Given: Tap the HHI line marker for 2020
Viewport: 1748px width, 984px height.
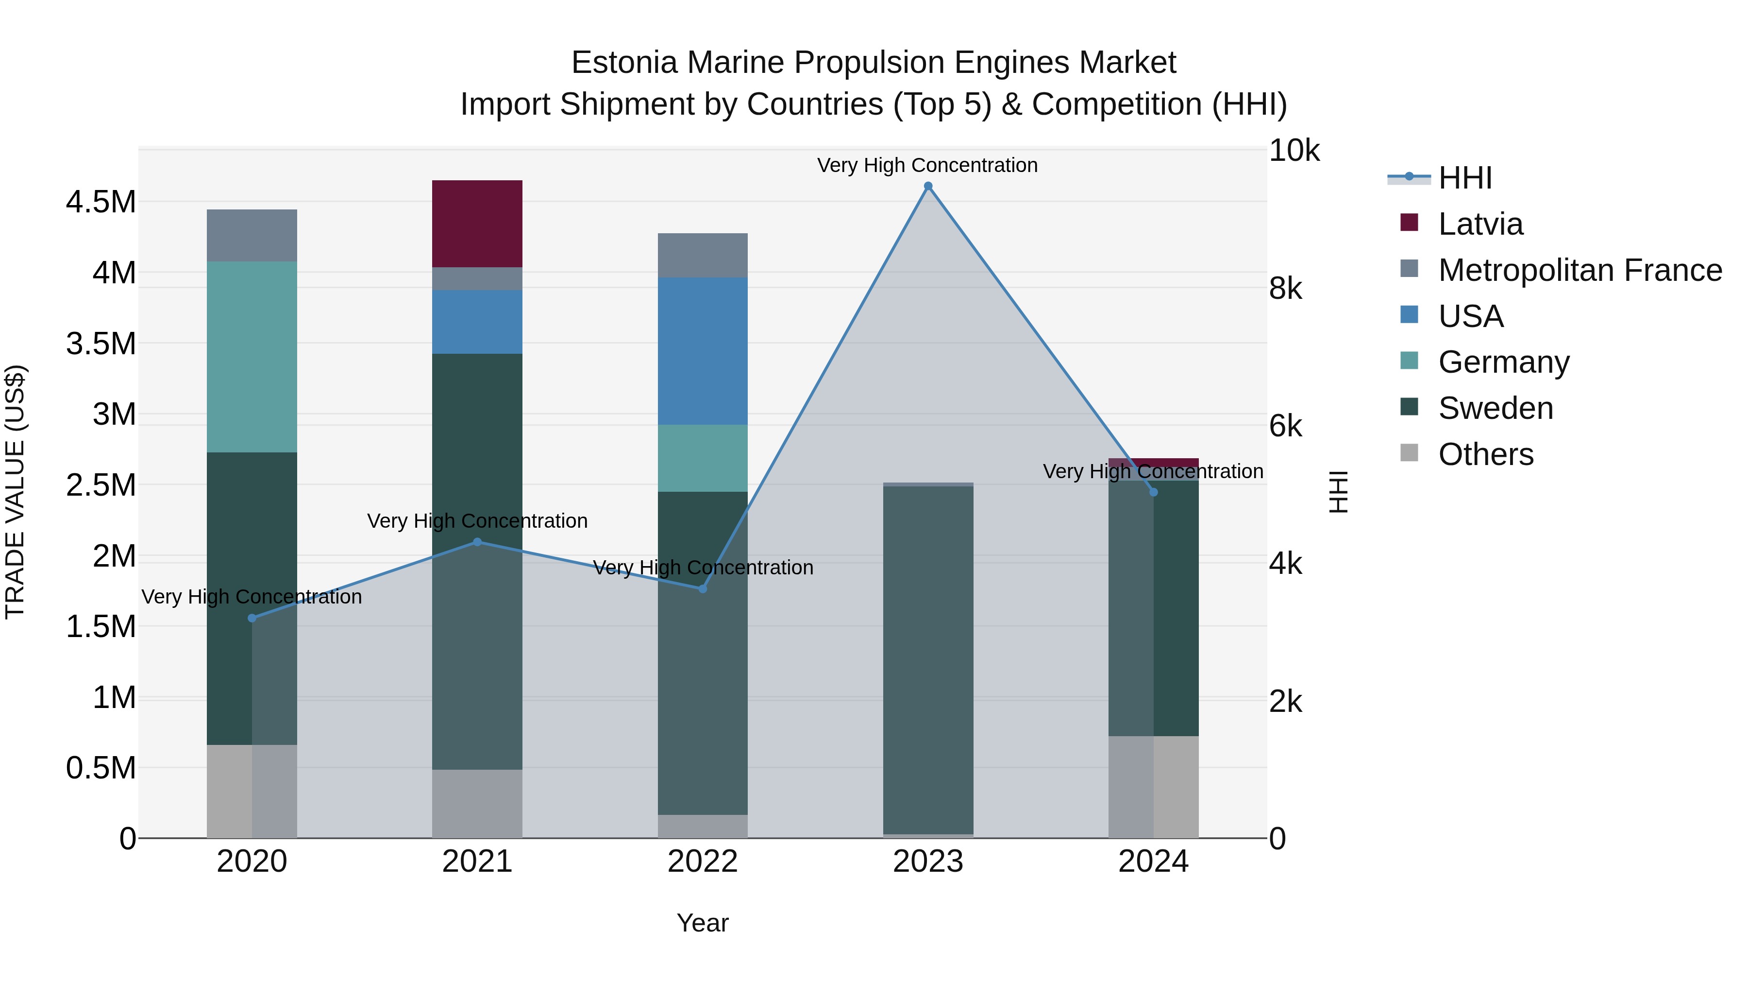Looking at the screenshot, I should click(252, 618).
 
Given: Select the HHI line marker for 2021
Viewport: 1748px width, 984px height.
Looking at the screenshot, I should click(477, 542).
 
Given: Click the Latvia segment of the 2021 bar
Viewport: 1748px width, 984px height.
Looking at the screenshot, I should click(477, 224).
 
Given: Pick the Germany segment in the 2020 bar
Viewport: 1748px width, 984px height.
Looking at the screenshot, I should click(252, 357).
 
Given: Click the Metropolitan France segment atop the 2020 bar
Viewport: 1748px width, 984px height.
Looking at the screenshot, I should click(252, 235).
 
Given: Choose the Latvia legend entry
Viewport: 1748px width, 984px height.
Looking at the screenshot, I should click(1480, 224).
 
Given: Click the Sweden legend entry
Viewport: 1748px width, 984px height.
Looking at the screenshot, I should click(1495, 408).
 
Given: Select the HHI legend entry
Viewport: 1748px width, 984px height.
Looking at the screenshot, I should click(1464, 178).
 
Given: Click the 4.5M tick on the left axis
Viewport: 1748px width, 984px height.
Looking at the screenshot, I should click(101, 202).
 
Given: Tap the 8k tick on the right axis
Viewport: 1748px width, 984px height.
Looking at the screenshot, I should click(1285, 289).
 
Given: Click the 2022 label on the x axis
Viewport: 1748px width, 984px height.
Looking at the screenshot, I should click(702, 862).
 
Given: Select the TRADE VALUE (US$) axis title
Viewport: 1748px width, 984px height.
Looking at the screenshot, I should click(15, 492).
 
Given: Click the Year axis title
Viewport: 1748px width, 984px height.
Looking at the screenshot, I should click(702, 923).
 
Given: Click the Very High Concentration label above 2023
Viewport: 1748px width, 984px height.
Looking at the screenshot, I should click(927, 165).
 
